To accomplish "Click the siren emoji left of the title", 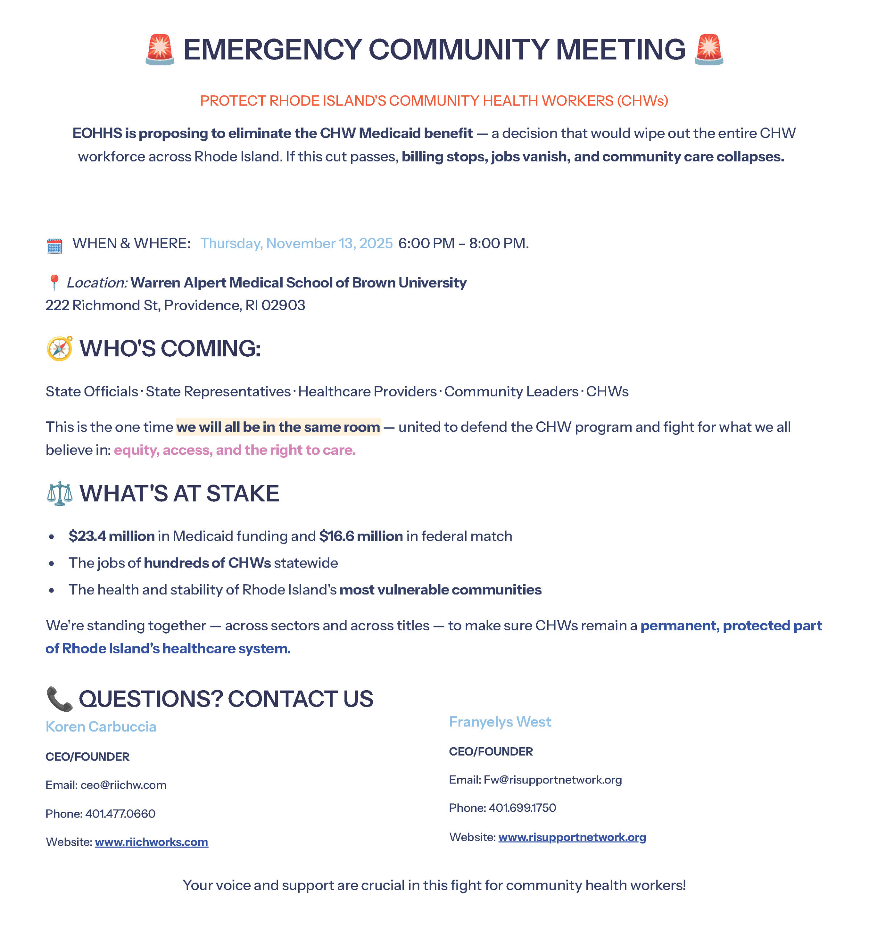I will [160, 49].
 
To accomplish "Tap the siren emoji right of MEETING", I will [709, 49].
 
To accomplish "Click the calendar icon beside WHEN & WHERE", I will [55, 246].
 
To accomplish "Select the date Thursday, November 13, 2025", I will [296, 243].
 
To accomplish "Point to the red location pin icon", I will [54, 282].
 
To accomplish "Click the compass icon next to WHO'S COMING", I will [60, 349].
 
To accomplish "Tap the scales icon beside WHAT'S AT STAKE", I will [60, 494].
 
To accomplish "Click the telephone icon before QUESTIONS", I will [60, 699].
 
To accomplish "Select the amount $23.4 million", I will [112, 536].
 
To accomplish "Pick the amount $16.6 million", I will [361, 536].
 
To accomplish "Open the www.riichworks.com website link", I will [151, 842].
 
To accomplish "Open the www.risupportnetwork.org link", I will [572, 837].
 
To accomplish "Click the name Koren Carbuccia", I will [101, 727].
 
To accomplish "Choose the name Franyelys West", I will [500, 722].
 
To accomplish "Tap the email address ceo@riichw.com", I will [123, 785].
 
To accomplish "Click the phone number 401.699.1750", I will [522, 808].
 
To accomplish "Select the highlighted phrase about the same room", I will [278, 427].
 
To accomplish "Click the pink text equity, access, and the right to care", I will [234, 450].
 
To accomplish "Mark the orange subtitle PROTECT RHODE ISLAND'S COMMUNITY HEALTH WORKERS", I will [434, 101].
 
